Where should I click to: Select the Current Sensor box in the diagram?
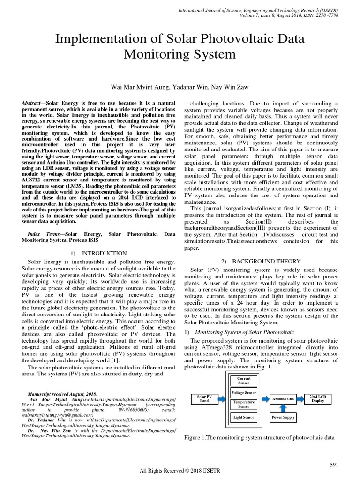pos(244,380)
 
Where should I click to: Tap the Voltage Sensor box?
pos(244,392)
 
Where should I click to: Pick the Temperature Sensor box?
pos(244,404)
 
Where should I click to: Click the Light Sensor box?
pos(244,416)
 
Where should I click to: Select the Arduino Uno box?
pos(283,399)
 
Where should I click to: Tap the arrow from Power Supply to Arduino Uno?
pos(283,408)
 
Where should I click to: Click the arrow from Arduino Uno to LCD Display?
pos(300,399)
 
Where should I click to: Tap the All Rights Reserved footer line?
pos(180,470)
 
